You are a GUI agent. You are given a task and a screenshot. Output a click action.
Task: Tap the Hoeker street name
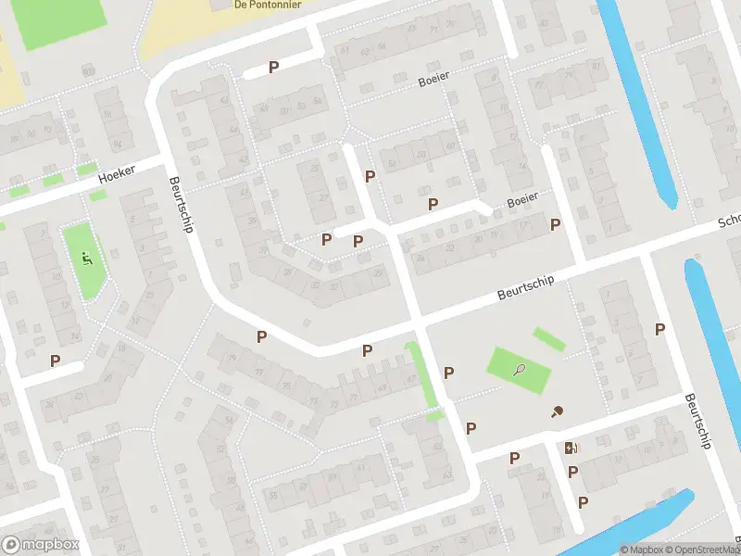[116, 172]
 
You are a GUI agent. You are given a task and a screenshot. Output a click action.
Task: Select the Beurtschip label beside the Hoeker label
[180, 205]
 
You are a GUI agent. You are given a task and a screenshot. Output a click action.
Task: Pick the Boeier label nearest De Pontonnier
[433, 79]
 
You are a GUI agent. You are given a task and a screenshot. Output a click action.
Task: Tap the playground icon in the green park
[87, 259]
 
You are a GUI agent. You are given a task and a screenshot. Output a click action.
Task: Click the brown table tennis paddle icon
[558, 412]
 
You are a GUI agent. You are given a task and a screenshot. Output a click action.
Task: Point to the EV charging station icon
[571, 449]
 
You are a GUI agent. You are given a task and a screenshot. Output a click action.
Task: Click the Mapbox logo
[39, 545]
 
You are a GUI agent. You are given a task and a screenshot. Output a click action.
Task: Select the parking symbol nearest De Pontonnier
[273, 67]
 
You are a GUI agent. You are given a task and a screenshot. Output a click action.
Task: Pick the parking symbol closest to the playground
[56, 360]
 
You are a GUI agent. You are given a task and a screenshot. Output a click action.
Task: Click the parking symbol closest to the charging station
[572, 472]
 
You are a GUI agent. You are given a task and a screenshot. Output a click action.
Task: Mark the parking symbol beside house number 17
[556, 224]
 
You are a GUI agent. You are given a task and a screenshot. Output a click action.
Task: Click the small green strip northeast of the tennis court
[548, 339]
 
